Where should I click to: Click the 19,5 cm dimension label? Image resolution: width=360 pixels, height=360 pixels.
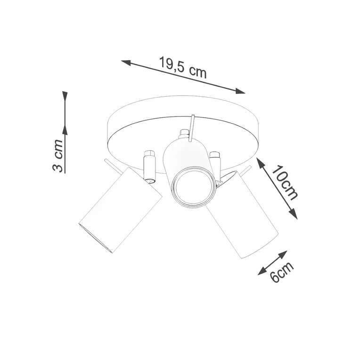tap(183, 67)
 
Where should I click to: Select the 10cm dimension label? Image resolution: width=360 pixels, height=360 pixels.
tap(286, 183)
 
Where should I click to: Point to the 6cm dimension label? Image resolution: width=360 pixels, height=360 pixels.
tap(282, 272)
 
